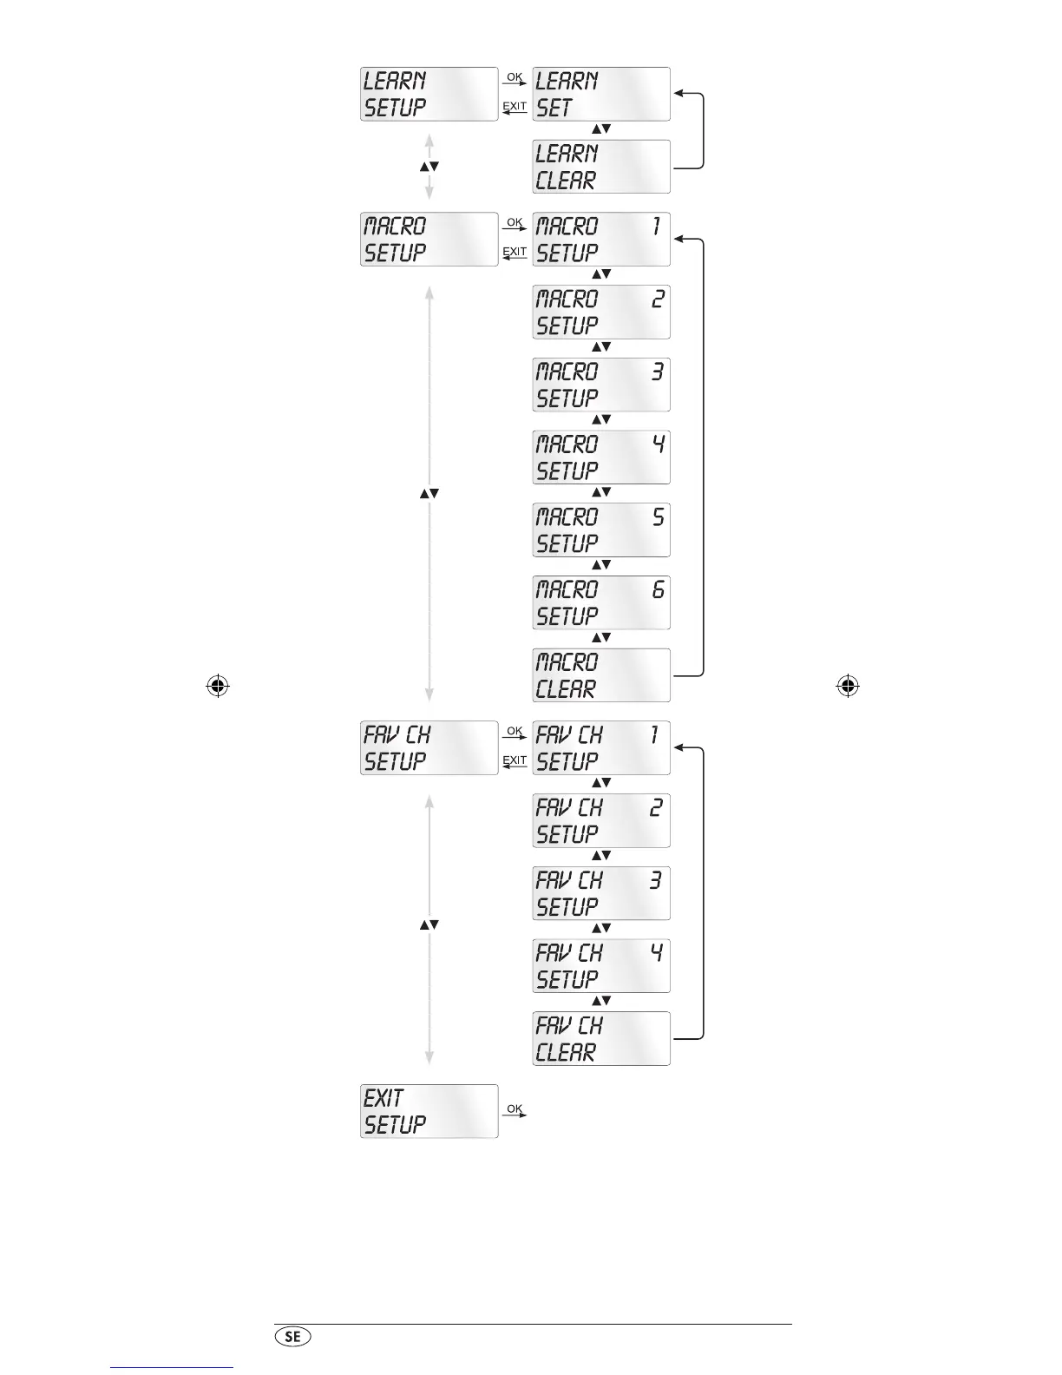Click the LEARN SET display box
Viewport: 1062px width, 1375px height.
[600, 94]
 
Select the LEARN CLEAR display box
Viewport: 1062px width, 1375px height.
[600, 167]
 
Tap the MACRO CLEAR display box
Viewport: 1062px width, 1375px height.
[600, 675]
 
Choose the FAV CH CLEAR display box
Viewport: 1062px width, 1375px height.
[600, 1038]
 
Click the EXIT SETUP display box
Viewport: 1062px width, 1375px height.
[429, 1111]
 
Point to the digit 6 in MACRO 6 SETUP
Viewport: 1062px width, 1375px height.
[658, 590]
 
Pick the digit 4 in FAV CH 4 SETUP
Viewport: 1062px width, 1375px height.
[657, 953]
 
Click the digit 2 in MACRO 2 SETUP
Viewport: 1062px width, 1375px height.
[658, 299]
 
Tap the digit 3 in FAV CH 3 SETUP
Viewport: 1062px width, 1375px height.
[656, 880]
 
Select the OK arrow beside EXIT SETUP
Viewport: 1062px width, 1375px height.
[515, 1111]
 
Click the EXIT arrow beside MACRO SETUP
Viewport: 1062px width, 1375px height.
[515, 254]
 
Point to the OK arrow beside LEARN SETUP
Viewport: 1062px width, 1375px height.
[515, 80]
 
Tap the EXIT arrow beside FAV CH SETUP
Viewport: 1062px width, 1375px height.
[515, 763]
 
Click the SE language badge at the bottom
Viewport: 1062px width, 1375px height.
[292, 1337]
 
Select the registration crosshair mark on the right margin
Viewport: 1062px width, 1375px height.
[848, 687]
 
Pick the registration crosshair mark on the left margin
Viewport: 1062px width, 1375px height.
[218, 687]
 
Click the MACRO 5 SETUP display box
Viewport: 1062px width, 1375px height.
[600, 530]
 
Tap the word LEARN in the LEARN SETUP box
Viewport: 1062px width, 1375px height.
[395, 81]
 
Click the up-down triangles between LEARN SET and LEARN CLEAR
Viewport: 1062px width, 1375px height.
[601, 129]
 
